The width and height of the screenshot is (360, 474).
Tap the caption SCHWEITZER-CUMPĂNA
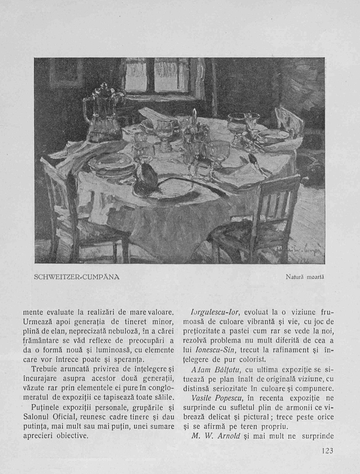tap(77, 277)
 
